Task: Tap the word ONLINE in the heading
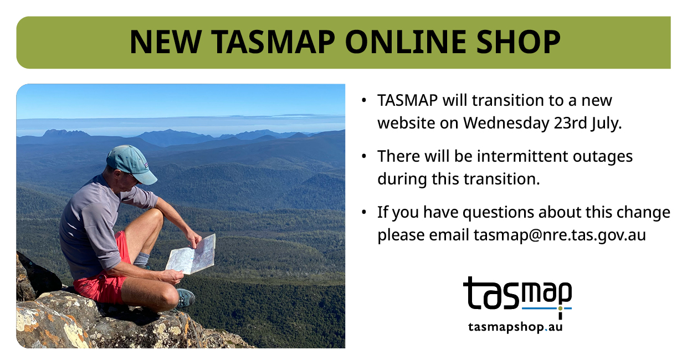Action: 406,42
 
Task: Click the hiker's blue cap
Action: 132,164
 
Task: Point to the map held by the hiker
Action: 191,255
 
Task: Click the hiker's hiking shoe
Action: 186,297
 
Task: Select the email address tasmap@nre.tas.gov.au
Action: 560,235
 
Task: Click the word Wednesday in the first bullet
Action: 506,123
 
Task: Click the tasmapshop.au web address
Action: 515,327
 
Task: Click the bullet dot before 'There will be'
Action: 364,156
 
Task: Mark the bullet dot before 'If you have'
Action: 364,212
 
